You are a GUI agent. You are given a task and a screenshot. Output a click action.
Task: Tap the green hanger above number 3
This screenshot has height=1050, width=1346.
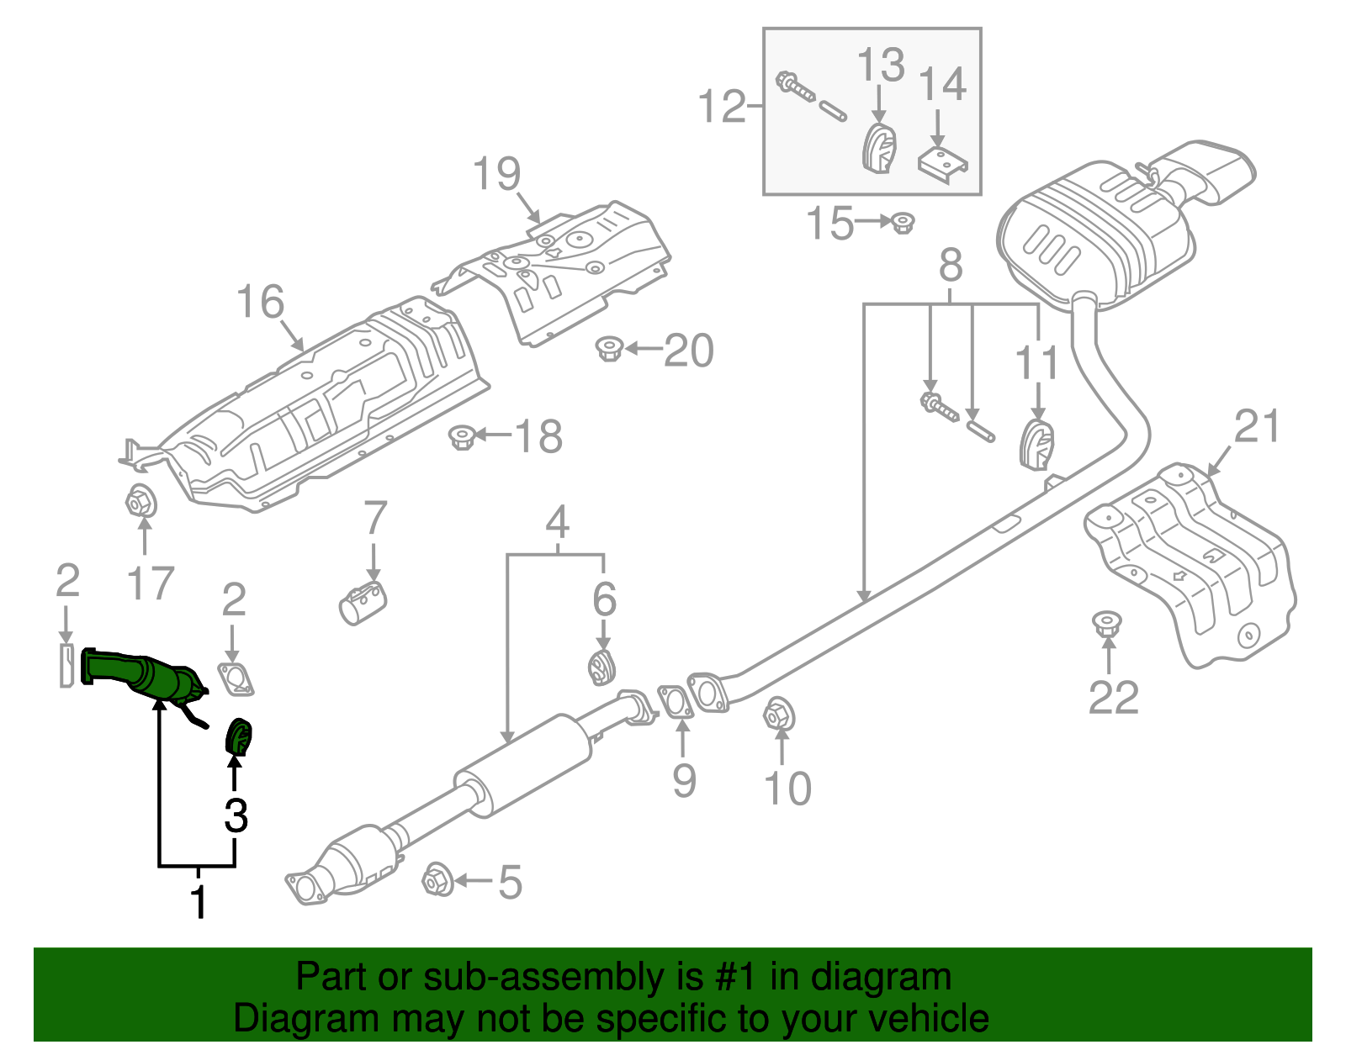[x=240, y=736]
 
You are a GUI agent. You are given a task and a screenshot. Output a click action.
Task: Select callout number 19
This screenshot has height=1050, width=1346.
[x=497, y=174]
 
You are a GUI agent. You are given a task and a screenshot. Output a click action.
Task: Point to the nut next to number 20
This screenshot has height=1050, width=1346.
[x=608, y=349]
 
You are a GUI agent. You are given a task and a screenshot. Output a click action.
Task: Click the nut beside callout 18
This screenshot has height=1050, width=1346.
[x=462, y=437]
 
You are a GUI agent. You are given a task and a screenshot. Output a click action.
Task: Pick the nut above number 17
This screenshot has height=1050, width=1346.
[x=140, y=503]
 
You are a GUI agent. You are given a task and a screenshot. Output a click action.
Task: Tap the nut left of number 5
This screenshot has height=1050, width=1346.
[x=437, y=880]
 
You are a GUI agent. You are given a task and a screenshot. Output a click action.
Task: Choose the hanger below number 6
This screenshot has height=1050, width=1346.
[x=601, y=667]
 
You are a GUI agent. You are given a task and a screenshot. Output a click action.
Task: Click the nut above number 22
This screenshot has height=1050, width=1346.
[x=1107, y=625]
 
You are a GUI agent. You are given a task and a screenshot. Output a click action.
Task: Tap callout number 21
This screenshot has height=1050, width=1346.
[x=1257, y=426]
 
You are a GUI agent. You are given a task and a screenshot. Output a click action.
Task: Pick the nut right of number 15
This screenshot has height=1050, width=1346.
[x=903, y=223]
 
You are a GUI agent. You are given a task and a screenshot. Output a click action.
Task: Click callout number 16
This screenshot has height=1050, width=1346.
[x=260, y=302]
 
